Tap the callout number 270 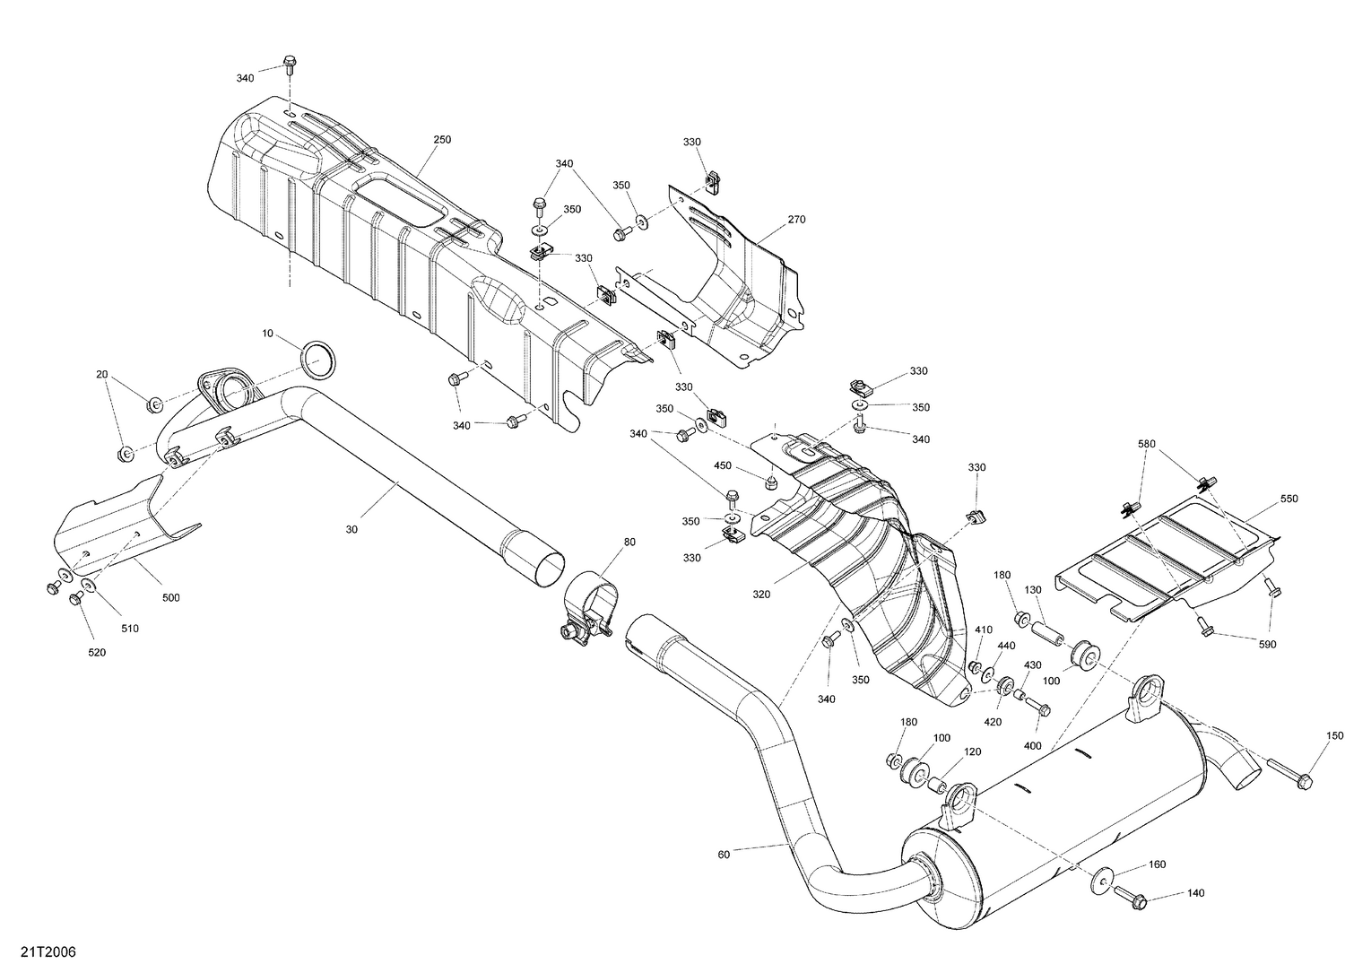pyautogui.click(x=796, y=220)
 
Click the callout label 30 pyautogui.click(x=351, y=530)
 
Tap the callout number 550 pyautogui.click(x=1289, y=499)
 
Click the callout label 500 pyautogui.click(x=170, y=597)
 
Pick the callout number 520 pyautogui.click(x=97, y=653)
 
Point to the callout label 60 pyautogui.click(x=724, y=855)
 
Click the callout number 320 pyautogui.click(x=762, y=594)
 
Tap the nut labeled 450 pyautogui.click(x=769, y=483)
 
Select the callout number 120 pyautogui.click(x=973, y=751)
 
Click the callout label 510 pyautogui.click(x=130, y=629)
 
